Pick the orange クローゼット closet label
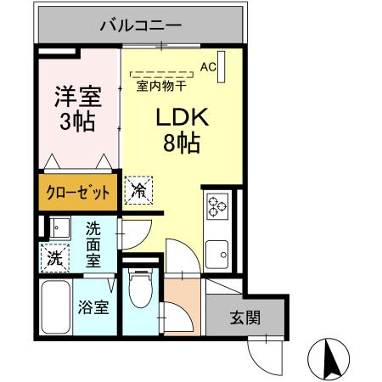[x=78, y=193]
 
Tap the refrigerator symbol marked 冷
[x=138, y=190]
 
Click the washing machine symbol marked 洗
[x=53, y=256]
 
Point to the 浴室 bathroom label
[x=94, y=306]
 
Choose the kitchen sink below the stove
[x=218, y=252]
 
